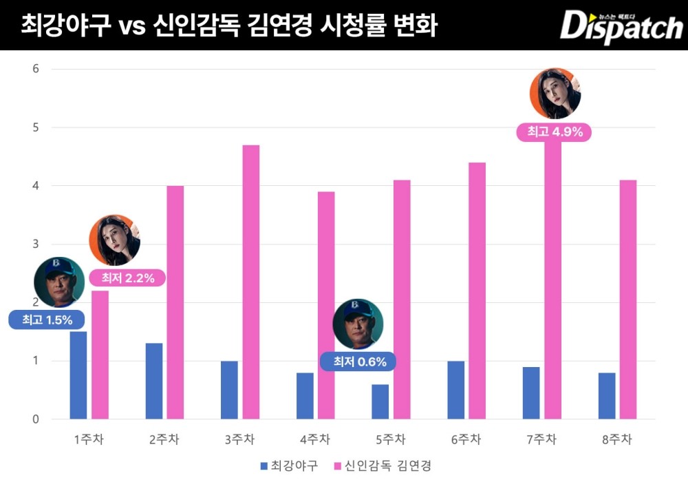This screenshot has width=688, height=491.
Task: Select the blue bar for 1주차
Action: coord(78,375)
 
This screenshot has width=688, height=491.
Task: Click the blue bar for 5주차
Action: coord(380,401)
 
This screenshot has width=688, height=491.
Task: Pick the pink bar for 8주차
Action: coord(627,300)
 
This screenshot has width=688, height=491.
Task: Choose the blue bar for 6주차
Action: coord(455,390)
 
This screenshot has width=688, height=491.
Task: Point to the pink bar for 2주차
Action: coord(175,303)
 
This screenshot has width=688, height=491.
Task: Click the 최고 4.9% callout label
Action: coord(555,132)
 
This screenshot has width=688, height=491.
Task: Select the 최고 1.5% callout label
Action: coord(46,320)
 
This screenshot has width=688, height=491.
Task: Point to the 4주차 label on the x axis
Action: coord(314,439)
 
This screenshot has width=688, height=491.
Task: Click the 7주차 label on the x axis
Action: coord(540,439)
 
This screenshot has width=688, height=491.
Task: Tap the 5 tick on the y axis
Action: coord(36,127)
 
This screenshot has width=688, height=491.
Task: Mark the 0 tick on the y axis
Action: coord(36,419)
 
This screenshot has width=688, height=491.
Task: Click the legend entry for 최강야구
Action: coord(289,466)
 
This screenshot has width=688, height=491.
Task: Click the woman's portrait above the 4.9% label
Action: coord(555,94)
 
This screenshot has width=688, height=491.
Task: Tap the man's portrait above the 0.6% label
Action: coord(358,324)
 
